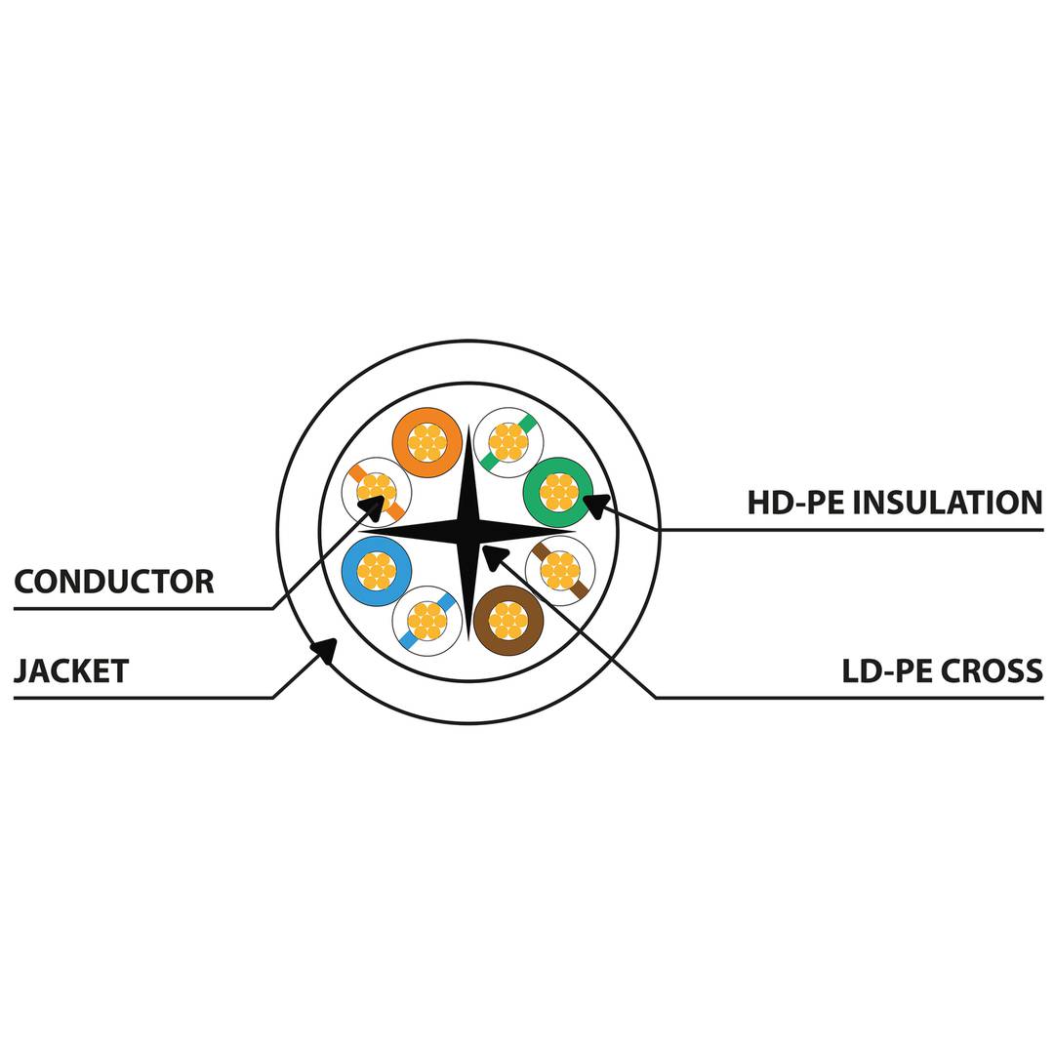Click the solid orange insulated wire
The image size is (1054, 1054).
pyautogui.click(x=426, y=442)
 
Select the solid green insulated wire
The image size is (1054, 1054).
pyautogui.click(x=558, y=492)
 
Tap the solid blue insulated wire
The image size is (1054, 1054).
pyautogui.click(x=377, y=571)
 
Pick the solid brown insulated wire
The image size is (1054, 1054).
pyautogui.click(x=507, y=620)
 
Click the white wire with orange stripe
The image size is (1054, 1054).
pyautogui.click(x=376, y=492)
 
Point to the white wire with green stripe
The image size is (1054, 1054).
pyautogui.click(x=508, y=442)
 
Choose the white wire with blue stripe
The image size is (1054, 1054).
pyautogui.click(x=426, y=621)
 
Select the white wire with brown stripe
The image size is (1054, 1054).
pyautogui.click(x=560, y=571)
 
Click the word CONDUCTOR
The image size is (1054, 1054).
pyautogui.click(x=114, y=582)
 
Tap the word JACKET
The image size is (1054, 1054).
pyautogui.click(x=71, y=671)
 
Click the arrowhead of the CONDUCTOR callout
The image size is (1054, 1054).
pyautogui.click(x=373, y=507)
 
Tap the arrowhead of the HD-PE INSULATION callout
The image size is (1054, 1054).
pyautogui.click(x=594, y=505)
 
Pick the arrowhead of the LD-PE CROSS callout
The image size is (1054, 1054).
pyautogui.click(x=494, y=555)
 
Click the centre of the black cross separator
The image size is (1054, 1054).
pyautogui.click(x=468, y=532)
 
